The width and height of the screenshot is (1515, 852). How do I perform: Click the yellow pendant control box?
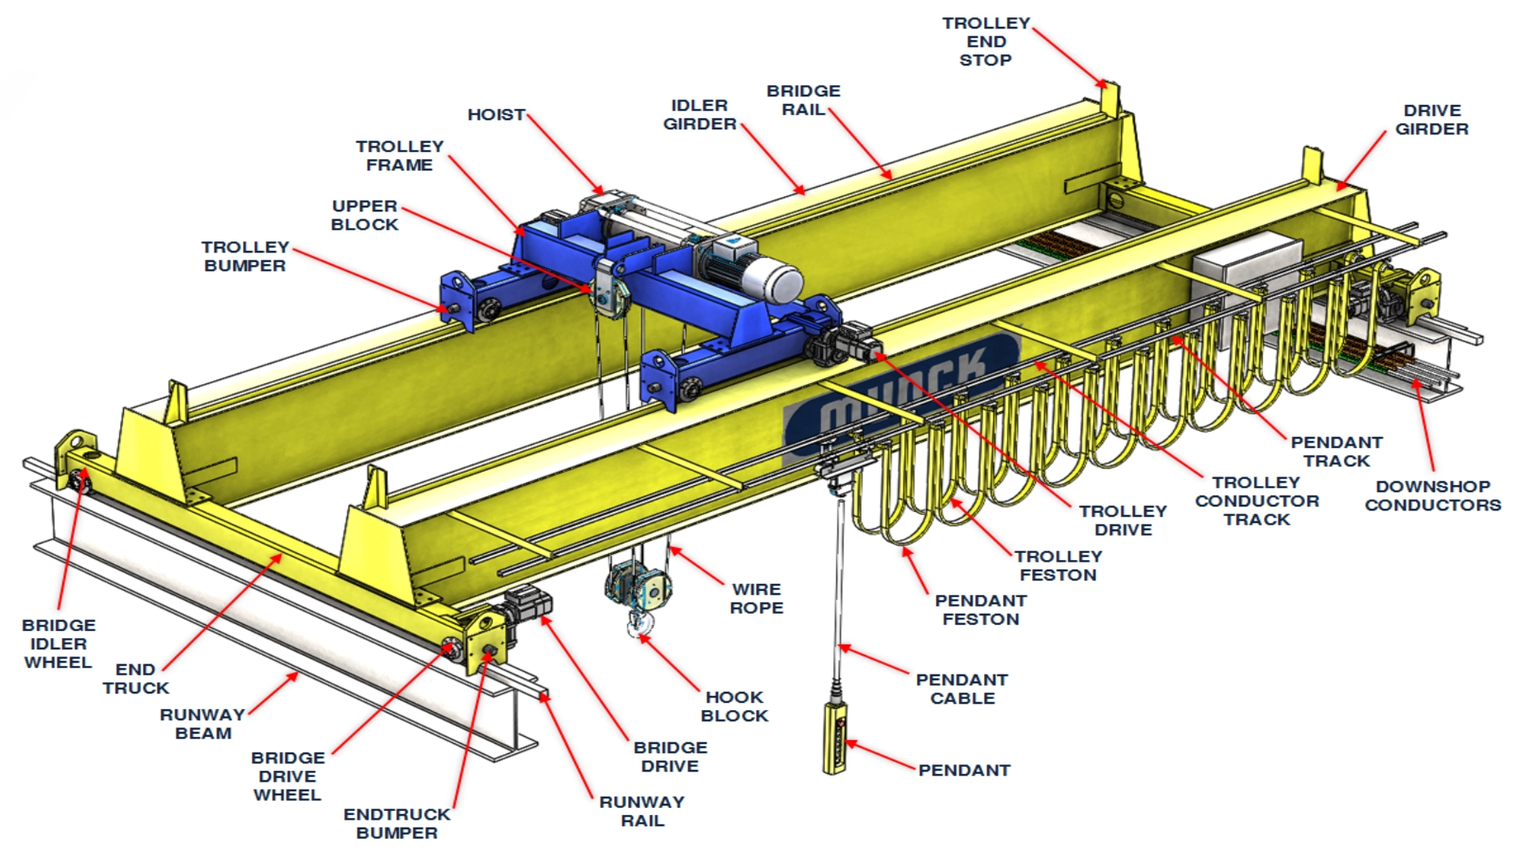tap(835, 738)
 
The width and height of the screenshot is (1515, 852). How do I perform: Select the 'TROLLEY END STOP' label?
tap(986, 42)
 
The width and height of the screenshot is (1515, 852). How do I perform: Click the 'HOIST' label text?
tap(496, 115)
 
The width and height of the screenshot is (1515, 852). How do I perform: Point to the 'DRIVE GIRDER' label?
tap(1431, 120)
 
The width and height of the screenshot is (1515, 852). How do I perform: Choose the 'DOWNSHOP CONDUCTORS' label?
tap(1433, 495)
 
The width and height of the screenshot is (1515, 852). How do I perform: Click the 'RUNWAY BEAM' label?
tap(203, 723)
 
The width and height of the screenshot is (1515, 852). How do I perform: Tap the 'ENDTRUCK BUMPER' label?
tap(396, 823)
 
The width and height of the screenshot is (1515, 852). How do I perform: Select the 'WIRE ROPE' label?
tap(756, 599)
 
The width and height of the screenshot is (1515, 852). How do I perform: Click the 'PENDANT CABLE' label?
tap(962, 689)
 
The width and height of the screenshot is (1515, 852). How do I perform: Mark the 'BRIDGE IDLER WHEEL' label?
tap(58, 644)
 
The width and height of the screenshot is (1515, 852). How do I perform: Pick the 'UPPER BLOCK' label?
tap(365, 215)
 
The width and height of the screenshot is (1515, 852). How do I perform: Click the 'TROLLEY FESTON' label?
tap(1058, 566)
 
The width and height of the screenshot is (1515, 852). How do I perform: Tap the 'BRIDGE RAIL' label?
tap(803, 100)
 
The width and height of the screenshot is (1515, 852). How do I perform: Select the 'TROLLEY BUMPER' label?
tap(245, 256)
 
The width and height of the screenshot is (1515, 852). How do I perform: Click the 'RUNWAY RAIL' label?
tap(642, 811)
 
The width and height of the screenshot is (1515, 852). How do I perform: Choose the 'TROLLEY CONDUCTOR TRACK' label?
tap(1257, 501)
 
